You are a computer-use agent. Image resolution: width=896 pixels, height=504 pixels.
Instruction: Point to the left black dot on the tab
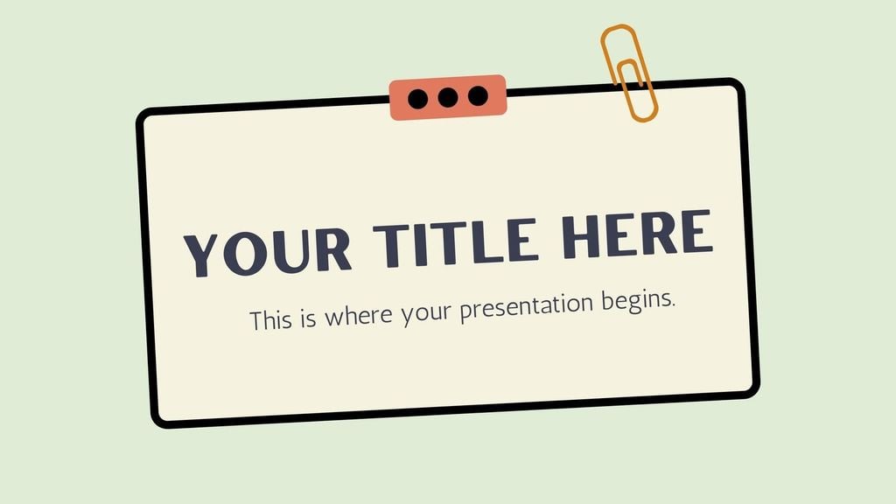pos(418,98)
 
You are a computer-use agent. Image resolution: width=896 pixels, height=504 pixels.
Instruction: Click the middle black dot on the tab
pos(448,97)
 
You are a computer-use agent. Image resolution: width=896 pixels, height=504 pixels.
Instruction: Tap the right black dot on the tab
pos(478,95)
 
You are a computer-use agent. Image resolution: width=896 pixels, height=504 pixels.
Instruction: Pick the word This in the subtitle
pos(269,319)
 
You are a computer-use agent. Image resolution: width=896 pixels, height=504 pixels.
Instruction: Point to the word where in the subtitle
pos(360,315)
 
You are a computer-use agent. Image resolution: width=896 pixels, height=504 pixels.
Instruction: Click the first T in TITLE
pos(390,243)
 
